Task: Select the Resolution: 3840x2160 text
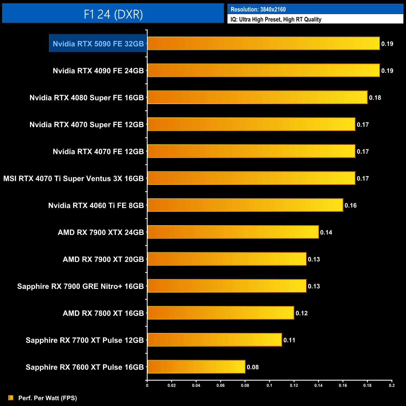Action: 258,9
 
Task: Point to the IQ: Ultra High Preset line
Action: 276,19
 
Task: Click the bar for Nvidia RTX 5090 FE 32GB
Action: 263,43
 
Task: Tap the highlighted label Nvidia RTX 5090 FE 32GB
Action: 98,44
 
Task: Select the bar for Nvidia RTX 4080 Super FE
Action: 257,97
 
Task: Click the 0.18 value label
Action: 375,98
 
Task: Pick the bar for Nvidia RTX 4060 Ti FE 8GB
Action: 245,205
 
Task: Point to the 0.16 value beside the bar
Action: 350,205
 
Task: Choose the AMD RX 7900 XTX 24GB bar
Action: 233,232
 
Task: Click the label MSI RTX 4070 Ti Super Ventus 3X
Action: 73,179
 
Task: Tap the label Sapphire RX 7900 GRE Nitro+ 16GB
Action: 80,286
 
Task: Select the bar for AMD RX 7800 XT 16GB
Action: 220,313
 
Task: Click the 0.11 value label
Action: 289,340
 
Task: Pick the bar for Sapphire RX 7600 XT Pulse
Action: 196,367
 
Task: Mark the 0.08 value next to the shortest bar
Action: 253,367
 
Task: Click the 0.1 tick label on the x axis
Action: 269,385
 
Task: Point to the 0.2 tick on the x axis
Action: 392,385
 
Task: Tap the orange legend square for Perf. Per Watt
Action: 11,398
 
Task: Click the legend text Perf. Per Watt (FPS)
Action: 47,398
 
